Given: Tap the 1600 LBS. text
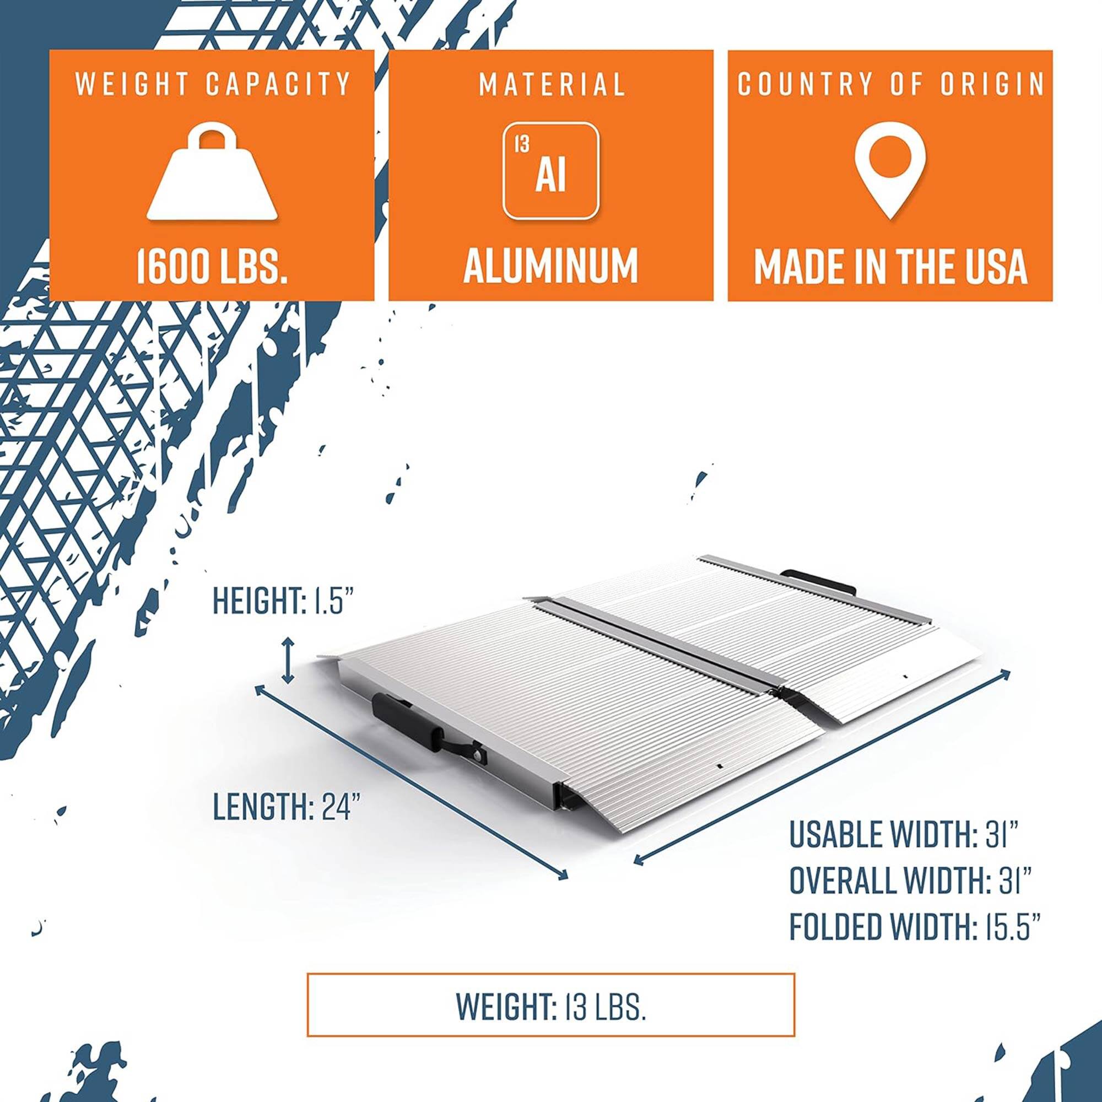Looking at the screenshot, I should point(212,266).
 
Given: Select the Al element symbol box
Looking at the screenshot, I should point(550,171).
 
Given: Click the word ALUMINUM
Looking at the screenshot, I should point(550,266).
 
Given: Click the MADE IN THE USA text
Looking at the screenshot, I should point(890,266).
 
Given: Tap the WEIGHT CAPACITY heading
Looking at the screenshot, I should point(212,84).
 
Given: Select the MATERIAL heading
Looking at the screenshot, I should point(552,84).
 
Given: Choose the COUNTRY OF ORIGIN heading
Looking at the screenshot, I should point(890,84).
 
